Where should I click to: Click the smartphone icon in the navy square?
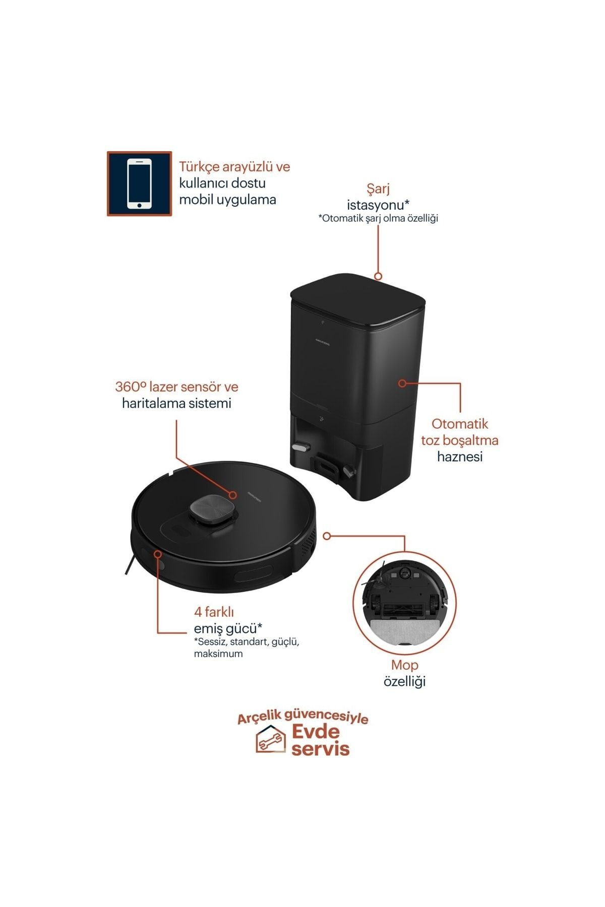139,183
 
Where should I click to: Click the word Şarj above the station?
378,189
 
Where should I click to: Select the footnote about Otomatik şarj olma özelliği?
378,218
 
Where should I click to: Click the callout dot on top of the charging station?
378,276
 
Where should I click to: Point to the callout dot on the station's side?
402,383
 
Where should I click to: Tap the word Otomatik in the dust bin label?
460,424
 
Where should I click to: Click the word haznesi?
460,457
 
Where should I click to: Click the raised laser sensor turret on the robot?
212,511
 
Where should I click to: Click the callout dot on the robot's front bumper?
158,554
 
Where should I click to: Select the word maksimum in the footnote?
218,654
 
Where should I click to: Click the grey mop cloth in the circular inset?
403,630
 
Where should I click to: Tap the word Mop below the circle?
405,665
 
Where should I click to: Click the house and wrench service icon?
270,740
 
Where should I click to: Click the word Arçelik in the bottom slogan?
261,718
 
